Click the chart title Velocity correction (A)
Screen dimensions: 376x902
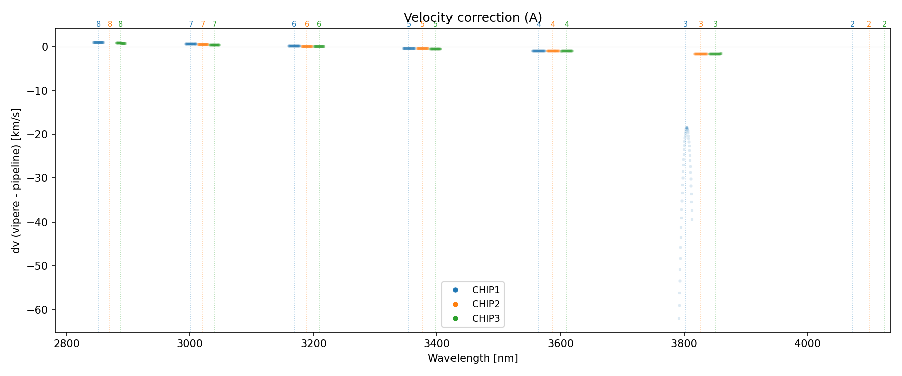[x=473, y=18]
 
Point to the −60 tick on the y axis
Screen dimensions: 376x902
[x=41, y=310]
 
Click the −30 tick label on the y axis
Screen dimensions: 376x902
[x=41, y=178]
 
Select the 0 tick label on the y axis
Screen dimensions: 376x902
[x=45, y=47]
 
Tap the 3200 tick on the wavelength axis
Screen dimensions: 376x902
[x=313, y=344]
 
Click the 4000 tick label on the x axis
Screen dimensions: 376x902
[x=807, y=344]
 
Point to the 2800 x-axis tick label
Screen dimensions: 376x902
[x=67, y=344]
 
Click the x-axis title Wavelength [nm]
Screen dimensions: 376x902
[x=473, y=358]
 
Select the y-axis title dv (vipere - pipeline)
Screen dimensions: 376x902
[x=16, y=180]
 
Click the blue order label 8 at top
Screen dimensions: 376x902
[x=98, y=24]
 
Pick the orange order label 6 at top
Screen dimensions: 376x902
[x=307, y=24]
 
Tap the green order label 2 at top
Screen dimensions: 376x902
[x=884, y=24]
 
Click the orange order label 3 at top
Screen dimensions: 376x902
[x=701, y=24]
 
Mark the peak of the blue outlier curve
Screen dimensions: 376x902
[x=687, y=128]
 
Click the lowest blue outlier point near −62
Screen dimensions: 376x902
[x=679, y=318]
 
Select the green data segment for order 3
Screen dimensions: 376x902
[x=715, y=54]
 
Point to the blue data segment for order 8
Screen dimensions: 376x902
[x=98, y=43]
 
